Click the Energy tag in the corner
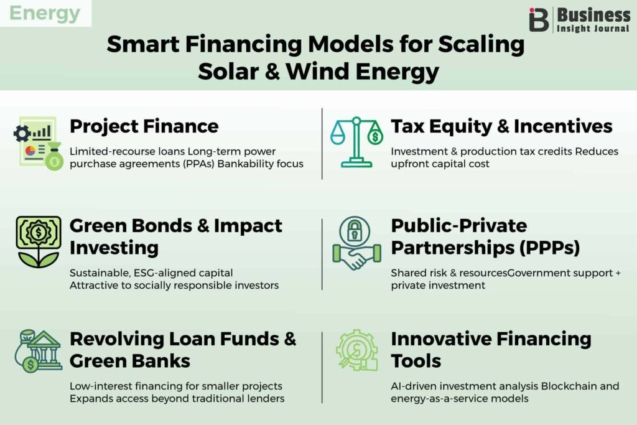(45, 13)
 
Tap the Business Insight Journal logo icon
(539, 19)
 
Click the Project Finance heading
(144, 126)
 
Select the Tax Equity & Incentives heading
(501, 126)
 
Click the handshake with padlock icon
(356, 243)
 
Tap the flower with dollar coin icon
(39, 242)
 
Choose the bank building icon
(39, 351)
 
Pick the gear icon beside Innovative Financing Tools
(357, 350)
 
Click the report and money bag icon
(39, 143)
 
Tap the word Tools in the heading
(416, 361)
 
